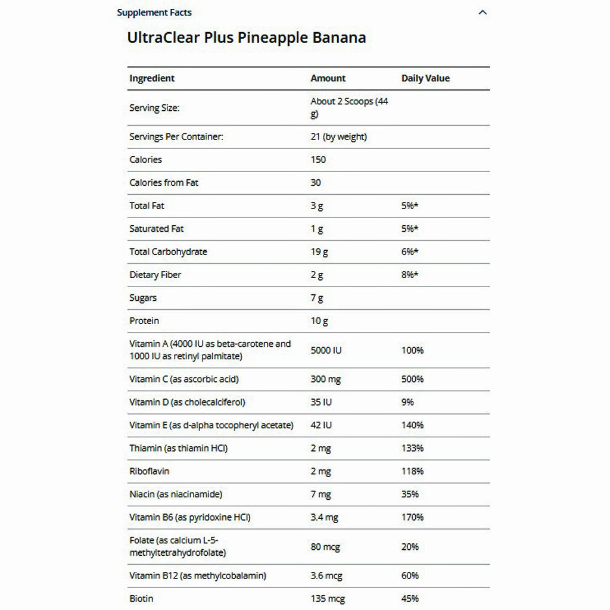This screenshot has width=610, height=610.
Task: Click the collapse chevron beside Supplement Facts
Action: pos(483,13)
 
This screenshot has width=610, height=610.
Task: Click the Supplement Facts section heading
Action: pos(154,13)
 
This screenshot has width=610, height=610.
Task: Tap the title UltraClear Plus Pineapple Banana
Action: pos(246,38)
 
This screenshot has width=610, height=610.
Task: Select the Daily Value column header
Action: pos(425,78)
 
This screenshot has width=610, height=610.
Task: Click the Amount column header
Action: pos(328,78)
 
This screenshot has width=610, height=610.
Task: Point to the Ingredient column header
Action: pos(152,78)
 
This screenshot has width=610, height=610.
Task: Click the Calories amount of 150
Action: pos(318,160)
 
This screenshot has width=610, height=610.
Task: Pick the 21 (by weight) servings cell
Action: pos(338,137)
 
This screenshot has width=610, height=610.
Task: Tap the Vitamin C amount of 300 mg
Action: pos(326,379)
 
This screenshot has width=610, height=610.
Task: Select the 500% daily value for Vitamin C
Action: pos(412,379)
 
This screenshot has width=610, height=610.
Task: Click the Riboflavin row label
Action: pos(149,471)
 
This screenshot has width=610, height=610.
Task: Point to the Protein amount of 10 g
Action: pos(319,321)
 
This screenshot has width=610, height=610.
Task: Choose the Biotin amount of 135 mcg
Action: pos(328,599)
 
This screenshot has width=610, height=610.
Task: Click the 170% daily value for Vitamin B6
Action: pos(412,518)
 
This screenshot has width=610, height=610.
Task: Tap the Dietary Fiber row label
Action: pos(155,275)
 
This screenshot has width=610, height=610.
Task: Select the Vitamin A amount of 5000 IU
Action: pos(326,350)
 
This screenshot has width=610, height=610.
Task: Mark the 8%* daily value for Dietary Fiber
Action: pos(410,275)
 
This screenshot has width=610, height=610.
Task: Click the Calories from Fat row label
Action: pos(164,183)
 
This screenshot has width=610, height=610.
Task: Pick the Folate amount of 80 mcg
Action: pos(325,547)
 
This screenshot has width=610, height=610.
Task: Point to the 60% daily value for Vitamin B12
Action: pos(410,575)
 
